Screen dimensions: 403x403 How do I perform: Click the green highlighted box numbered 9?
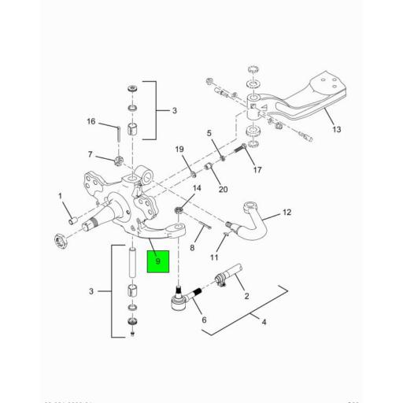[x=158, y=261]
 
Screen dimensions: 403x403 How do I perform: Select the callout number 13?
[x=337, y=130]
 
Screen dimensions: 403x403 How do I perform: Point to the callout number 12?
[x=287, y=213]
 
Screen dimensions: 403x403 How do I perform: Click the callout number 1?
[x=59, y=195]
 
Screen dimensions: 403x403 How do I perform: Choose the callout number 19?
[x=179, y=150]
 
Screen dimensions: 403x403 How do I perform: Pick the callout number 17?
[x=257, y=168]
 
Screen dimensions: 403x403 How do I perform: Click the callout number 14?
[x=198, y=189]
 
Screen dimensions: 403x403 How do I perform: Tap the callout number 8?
[x=192, y=247]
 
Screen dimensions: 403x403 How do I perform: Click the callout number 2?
[x=246, y=296]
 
